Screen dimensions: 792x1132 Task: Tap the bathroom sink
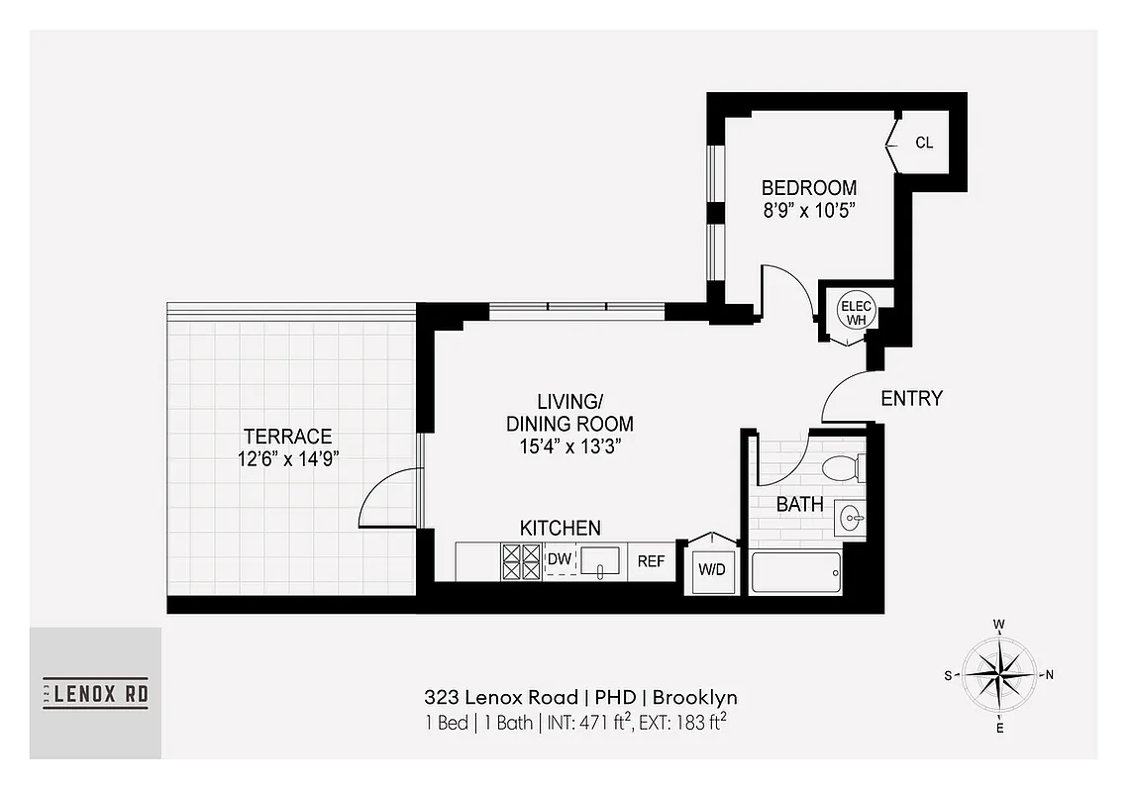[x=851, y=516]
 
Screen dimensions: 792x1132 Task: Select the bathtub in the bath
[x=795, y=573]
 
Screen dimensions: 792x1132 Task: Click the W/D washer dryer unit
[x=711, y=569]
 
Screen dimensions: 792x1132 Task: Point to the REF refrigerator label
[x=651, y=561]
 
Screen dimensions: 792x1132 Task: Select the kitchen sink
[x=600, y=561]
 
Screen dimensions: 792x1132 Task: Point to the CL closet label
[x=923, y=143]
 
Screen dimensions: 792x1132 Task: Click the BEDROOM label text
[x=808, y=187]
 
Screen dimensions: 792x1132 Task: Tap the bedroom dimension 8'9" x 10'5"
[x=808, y=210]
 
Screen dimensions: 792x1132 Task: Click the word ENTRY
[x=911, y=399]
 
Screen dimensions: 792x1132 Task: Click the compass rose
[x=999, y=675]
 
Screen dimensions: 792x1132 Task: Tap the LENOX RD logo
[x=95, y=693]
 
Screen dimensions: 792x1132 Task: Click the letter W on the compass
[x=999, y=625]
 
